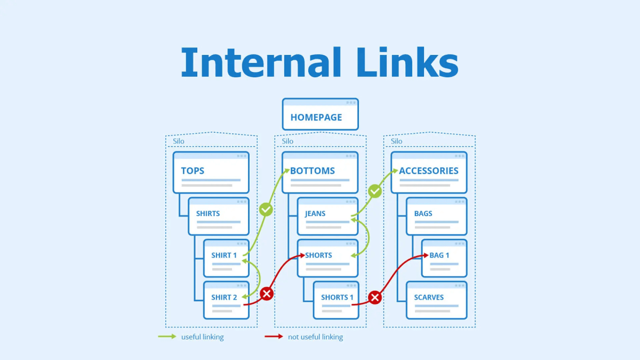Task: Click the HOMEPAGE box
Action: point(320,114)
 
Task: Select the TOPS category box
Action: point(211,172)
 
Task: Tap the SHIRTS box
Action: point(219,216)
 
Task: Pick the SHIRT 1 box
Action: point(226,258)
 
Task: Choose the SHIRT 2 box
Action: point(226,300)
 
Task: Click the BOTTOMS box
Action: point(320,172)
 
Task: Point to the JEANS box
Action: point(327,216)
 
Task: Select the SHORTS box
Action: point(327,258)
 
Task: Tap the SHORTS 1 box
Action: point(336,300)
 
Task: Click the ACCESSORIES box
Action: point(429,172)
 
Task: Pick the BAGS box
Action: point(436,216)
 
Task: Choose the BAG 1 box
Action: point(444,258)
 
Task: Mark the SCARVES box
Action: point(436,300)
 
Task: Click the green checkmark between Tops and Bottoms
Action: point(266,209)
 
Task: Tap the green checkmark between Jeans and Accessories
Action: point(375,191)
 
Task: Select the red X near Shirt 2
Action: point(266,293)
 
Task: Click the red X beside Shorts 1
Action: point(375,298)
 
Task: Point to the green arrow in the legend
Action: point(167,337)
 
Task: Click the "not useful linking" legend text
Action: point(315,337)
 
